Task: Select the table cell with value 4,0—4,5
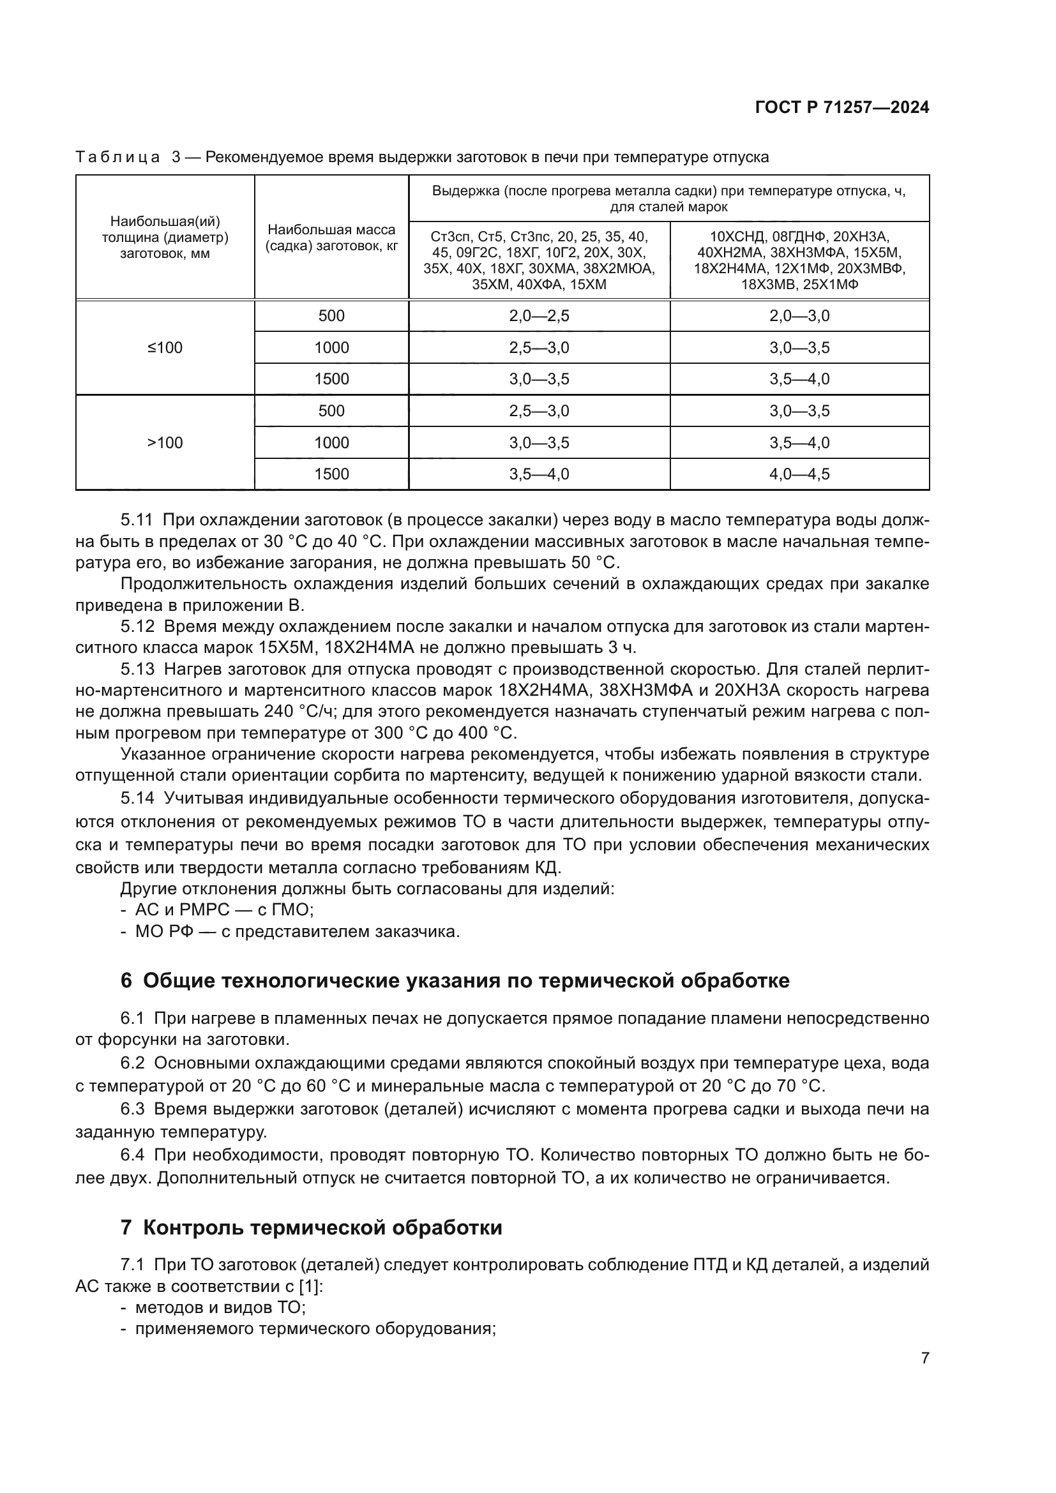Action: click(799, 474)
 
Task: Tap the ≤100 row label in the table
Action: click(165, 348)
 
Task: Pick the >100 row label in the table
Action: click(165, 443)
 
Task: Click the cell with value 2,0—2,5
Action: click(539, 316)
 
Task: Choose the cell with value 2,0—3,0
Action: click(799, 316)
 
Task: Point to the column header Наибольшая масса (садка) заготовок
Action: click(331, 238)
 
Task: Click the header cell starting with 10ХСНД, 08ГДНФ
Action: click(799, 260)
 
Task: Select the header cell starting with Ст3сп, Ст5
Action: click(539, 260)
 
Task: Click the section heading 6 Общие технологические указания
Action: click(455, 980)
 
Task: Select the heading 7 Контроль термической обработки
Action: click(312, 1227)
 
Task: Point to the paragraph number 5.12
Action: click(137, 627)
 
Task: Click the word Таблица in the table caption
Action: click(117, 158)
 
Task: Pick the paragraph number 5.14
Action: click(137, 798)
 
